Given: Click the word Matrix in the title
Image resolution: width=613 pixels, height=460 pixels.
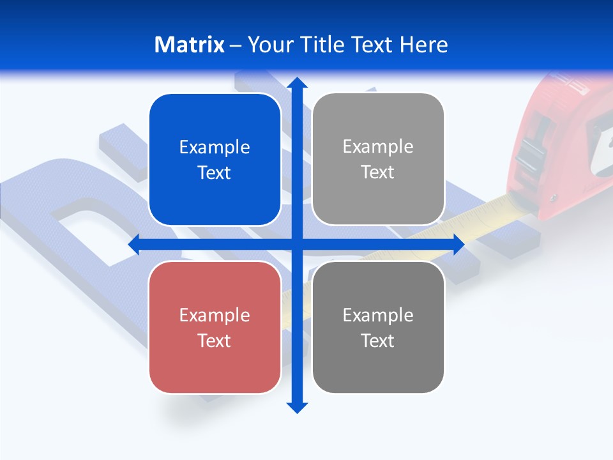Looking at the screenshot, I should point(189,45).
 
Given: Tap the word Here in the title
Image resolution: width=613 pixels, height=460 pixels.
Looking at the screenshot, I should point(423,45).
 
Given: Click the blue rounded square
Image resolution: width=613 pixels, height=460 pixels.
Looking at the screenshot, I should point(215,160).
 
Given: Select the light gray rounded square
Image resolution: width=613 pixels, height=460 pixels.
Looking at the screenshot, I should point(378,159).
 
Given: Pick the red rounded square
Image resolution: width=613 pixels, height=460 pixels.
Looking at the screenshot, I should point(215,327).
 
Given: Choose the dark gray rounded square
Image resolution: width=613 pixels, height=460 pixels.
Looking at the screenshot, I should point(378,327).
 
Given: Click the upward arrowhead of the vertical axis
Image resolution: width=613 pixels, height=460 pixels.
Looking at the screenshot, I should point(296,82).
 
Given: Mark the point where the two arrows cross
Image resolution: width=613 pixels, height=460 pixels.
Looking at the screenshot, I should point(296,244).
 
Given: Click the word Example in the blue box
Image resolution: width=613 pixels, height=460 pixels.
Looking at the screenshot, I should point(215,147).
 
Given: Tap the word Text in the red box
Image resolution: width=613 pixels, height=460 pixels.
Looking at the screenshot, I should point(215,341).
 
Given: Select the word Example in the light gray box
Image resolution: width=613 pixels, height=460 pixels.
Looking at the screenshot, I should point(378,146).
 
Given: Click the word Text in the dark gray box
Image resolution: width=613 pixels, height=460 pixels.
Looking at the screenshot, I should point(378,341).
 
